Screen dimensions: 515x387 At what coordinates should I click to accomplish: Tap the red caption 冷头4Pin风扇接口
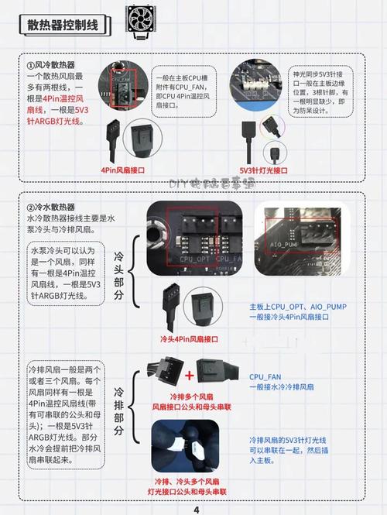tap(190, 339)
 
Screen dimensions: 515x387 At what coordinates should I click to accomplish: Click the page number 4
tap(196, 510)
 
